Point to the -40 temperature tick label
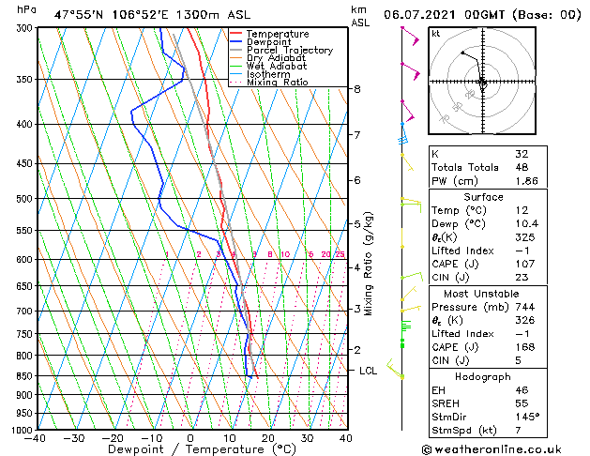click(35, 438)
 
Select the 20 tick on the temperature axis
click(267, 438)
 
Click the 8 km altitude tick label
click(357, 89)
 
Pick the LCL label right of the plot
click(369, 371)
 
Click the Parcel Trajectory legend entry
click(289, 51)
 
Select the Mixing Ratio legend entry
click(278, 83)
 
